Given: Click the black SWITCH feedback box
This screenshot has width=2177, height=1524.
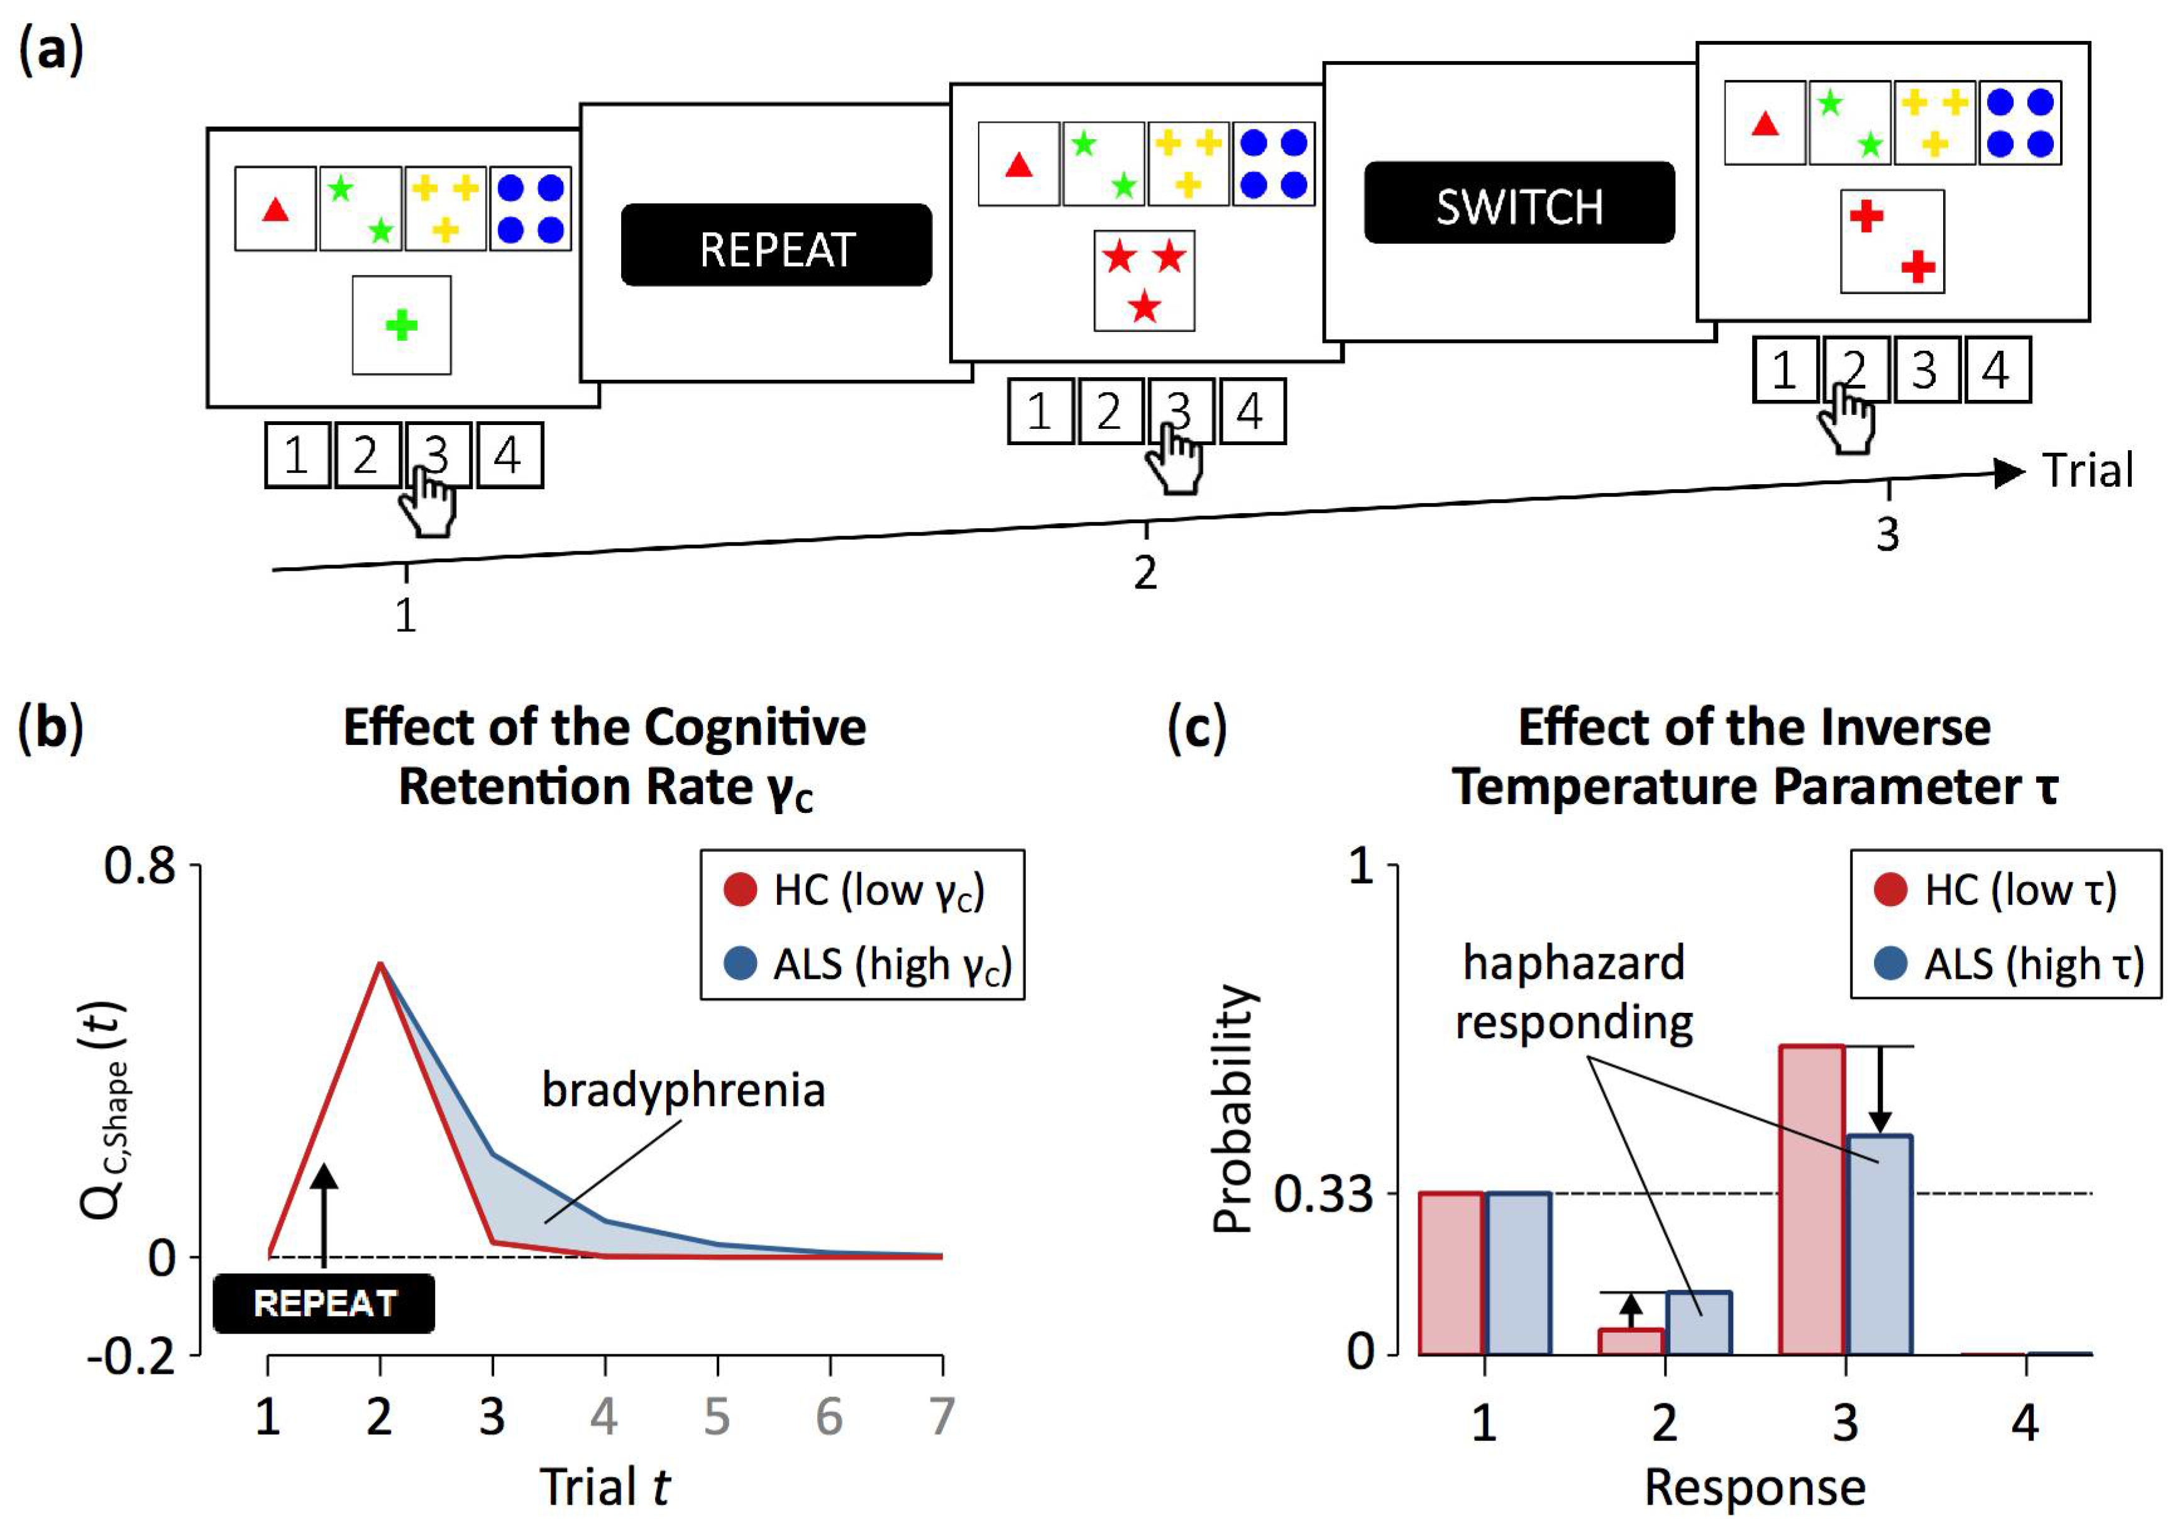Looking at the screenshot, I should click(1519, 203).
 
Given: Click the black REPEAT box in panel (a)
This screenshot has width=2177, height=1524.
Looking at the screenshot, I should click(776, 245).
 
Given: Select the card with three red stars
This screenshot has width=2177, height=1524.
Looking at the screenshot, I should click(1144, 280).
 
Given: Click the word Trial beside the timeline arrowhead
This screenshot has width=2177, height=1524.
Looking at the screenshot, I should click(2087, 472).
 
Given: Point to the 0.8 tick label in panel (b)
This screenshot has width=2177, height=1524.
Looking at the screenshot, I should click(140, 866).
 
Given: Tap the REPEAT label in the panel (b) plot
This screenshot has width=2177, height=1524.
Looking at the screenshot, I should click(324, 1303).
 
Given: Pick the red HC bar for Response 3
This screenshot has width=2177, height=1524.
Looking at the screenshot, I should click(1812, 1200).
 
